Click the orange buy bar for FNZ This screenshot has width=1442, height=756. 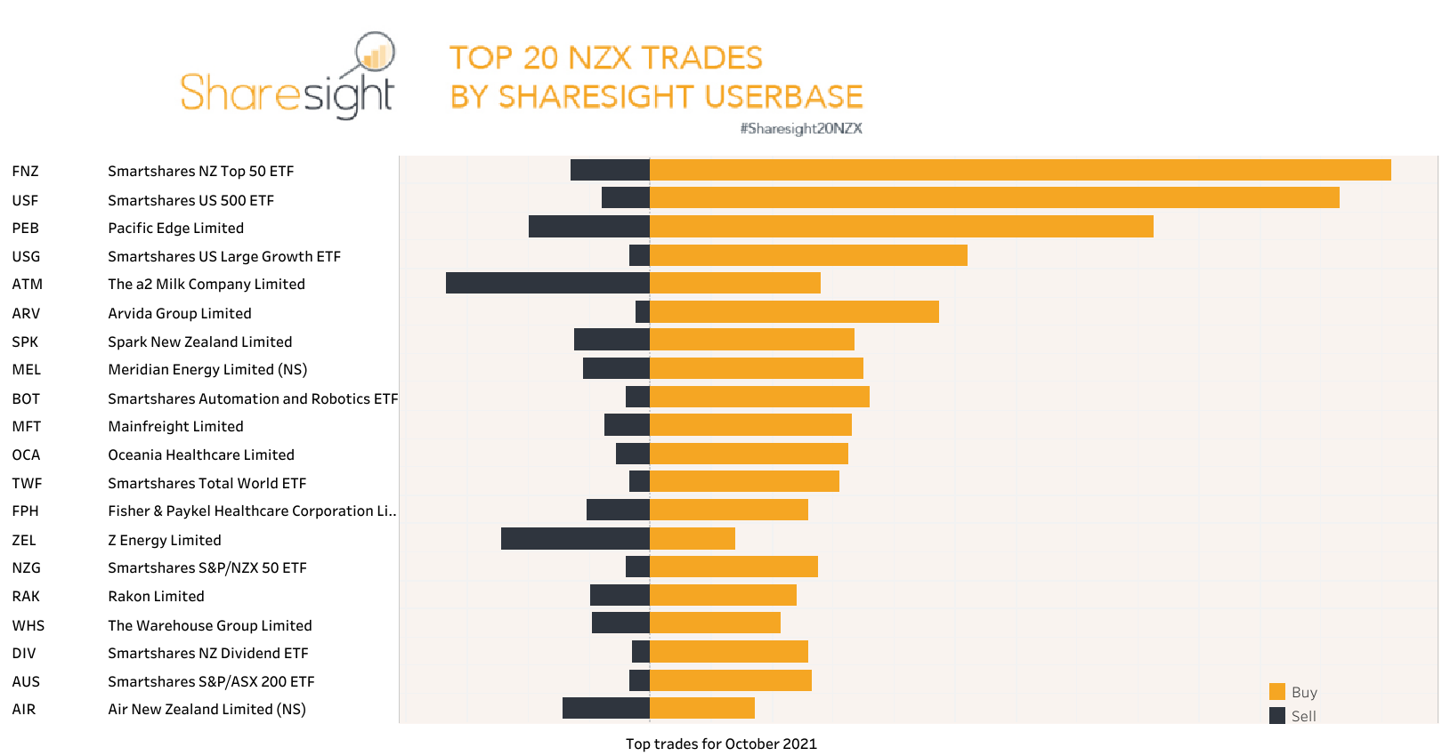1020,170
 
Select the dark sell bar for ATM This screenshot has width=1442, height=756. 547,283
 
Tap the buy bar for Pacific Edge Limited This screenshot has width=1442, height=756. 901,227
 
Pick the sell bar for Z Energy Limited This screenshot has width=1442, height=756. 575,539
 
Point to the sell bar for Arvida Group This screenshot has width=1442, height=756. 643,312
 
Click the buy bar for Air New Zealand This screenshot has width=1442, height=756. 702,708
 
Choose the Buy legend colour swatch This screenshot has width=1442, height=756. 1277,692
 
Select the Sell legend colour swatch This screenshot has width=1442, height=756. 1277,716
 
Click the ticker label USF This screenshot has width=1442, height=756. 25,200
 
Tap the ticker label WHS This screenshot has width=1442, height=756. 28,625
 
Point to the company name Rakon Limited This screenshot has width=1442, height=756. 156,596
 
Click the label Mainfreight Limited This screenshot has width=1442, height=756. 175,426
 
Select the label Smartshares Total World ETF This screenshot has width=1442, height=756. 207,483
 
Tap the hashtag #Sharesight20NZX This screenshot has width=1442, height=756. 801,128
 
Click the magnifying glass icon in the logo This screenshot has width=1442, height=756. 375,53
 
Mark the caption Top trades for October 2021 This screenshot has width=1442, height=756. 721,744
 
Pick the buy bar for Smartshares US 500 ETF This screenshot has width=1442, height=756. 994,197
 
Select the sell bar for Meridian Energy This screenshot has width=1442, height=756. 616,368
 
